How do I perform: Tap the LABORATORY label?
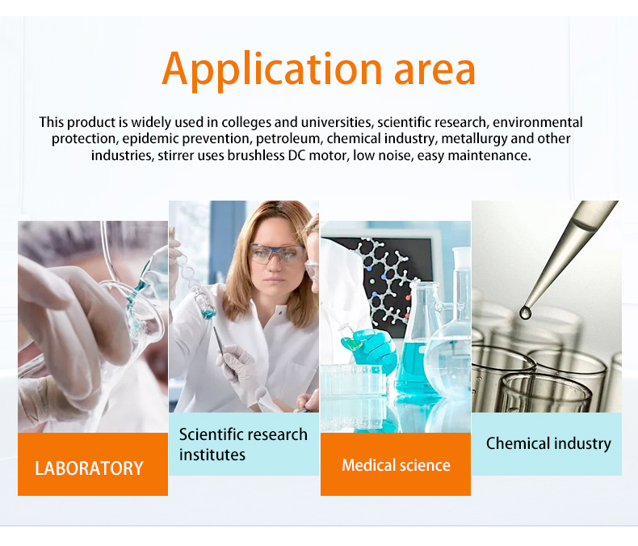click(x=89, y=468)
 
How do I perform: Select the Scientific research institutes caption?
click(x=243, y=444)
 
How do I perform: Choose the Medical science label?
click(x=396, y=465)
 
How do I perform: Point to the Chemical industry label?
click(x=548, y=443)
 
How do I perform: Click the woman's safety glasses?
click(x=276, y=253)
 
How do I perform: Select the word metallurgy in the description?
click(x=475, y=138)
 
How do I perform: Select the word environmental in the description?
click(x=538, y=122)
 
